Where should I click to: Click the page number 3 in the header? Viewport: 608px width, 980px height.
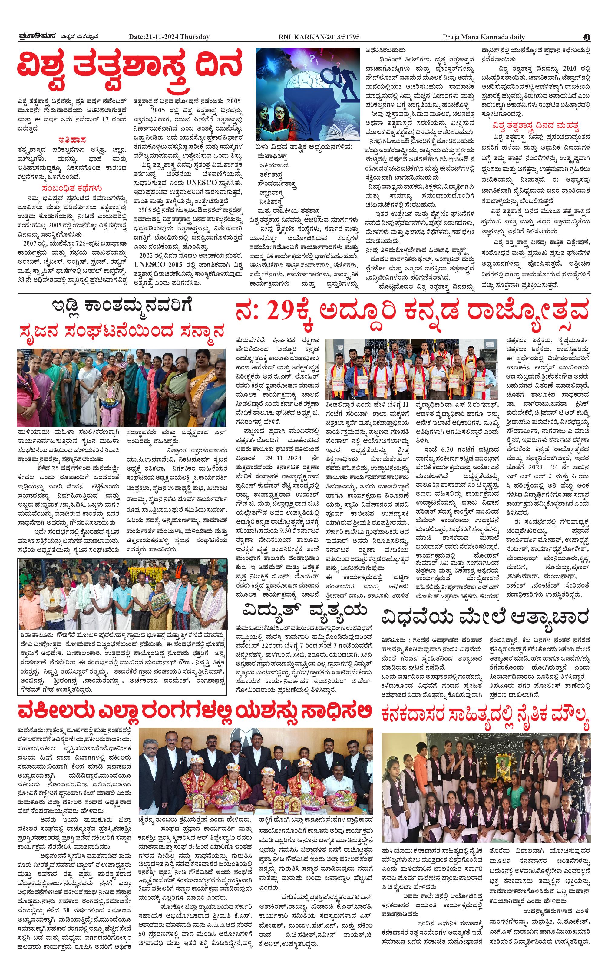pyautogui.click(x=587, y=37)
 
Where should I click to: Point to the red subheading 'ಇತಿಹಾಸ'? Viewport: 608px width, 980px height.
pyautogui.click(x=72, y=140)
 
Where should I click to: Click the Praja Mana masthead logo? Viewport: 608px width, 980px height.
pyautogui.click(x=38, y=37)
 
